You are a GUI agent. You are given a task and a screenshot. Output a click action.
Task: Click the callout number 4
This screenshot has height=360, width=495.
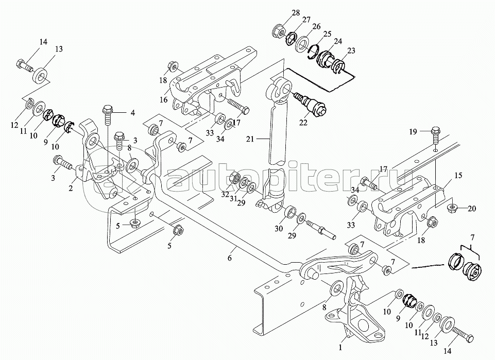coord(133,113)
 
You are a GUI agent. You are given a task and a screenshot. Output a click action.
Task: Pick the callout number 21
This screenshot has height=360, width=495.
coord(250,139)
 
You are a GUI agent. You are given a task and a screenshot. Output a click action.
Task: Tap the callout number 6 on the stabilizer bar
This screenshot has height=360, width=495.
coord(230,258)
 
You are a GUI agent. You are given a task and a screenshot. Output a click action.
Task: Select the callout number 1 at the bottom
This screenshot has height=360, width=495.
coord(340,348)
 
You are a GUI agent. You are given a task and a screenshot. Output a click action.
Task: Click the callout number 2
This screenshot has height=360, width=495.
coord(71,188)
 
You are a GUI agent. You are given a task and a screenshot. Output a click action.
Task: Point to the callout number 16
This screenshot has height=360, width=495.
coord(163,100)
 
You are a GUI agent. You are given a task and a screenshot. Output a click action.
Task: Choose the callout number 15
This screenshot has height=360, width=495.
coord(458,175)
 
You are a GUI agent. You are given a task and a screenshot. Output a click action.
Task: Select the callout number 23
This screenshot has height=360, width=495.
coord(351,50)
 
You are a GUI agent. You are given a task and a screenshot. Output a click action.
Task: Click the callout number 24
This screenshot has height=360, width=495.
coord(338,41)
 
